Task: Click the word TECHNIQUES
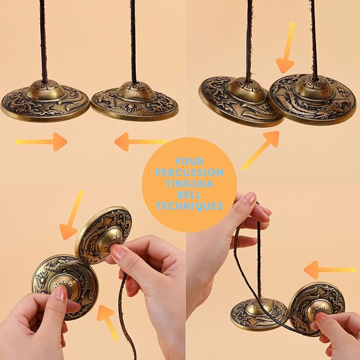coord(189,206)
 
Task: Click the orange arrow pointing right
coord(41,142)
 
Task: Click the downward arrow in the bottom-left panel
coord(72,216)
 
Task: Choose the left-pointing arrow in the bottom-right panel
coord(329,269)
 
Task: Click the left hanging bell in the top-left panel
coord(45,101)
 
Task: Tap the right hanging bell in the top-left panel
coord(135,100)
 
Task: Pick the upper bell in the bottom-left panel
coord(103,235)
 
